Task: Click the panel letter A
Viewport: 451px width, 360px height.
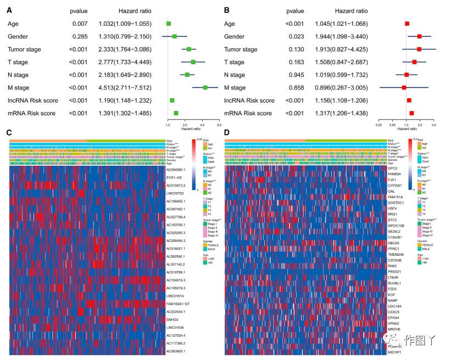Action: [10, 10]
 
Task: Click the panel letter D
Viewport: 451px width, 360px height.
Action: [227, 133]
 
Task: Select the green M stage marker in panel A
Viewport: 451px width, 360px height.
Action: [205, 87]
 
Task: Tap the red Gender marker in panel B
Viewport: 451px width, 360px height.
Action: [419, 36]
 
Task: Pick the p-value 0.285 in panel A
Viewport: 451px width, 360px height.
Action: [80, 36]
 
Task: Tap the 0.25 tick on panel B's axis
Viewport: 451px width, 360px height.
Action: [378, 125]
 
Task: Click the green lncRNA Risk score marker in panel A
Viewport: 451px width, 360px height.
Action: [172, 100]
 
